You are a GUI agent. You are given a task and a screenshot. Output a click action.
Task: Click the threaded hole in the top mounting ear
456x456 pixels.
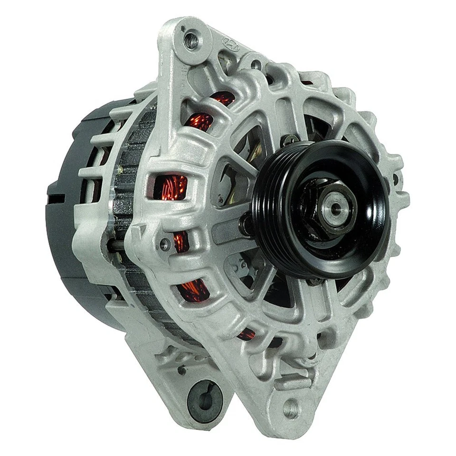point(191,40)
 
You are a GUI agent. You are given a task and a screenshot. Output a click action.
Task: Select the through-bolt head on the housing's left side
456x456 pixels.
point(165,244)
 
